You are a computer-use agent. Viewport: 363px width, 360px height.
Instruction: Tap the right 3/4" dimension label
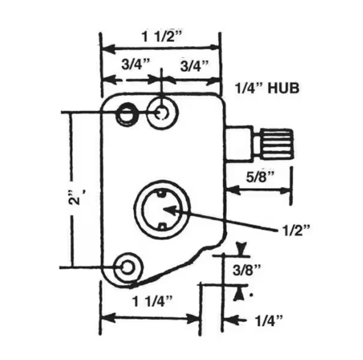tap(194, 65)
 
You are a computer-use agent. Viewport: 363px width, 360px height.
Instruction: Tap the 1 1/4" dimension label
tap(152, 301)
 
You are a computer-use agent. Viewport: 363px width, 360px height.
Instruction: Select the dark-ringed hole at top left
tap(126, 114)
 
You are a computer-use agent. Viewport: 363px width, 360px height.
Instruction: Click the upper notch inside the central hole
tap(161, 194)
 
